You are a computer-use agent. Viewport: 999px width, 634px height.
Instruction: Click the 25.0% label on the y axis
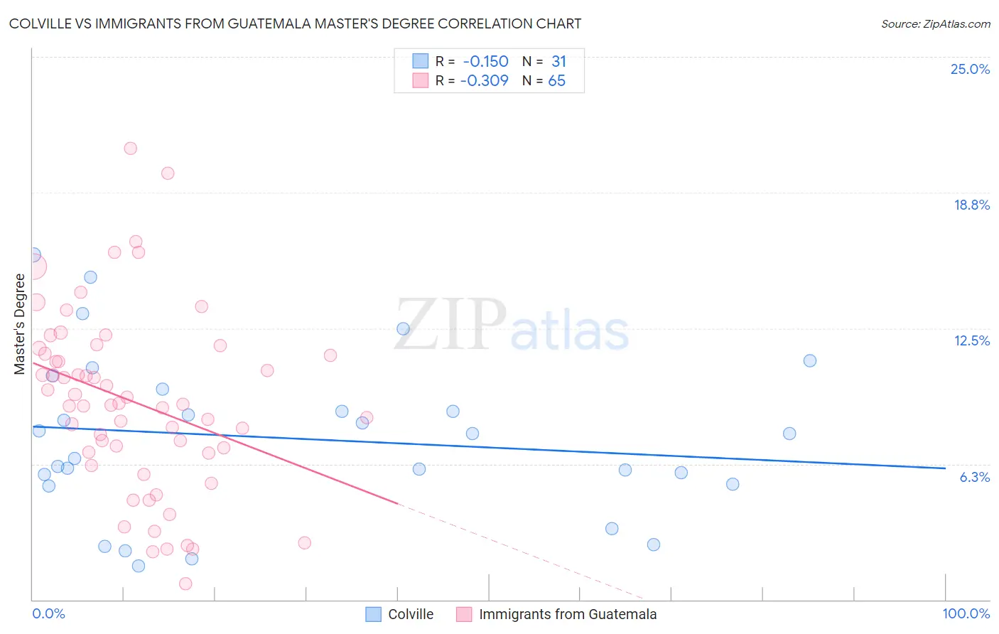tap(970, 69)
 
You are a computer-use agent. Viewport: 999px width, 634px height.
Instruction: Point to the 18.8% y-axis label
tap(971, 205)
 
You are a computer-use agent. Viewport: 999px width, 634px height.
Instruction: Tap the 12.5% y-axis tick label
tap(971, 340)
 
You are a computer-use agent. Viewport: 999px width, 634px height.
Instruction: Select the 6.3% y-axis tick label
tap(974, 477)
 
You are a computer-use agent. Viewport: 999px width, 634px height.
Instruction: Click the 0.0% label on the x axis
tap(48, 613)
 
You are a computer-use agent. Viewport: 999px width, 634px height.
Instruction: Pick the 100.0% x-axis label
tap(966, 613)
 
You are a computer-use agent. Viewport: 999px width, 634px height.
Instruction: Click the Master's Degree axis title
tap(20, 323)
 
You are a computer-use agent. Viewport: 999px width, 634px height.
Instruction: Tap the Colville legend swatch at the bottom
tap(374, 614)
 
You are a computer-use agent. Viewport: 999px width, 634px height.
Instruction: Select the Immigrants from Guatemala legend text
tap(568, 614)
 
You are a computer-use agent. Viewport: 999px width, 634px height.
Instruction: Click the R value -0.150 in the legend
tap(485, 61)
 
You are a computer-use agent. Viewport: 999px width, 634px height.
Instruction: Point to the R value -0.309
tap(484, 80)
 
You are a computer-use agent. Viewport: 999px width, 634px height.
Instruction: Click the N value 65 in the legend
tap(556, 80)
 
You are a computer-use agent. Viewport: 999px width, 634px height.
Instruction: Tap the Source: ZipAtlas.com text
tap(935, 23)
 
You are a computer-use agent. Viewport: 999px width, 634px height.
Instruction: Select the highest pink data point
tap(131, 149)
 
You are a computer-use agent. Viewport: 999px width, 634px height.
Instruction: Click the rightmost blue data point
tap(809, 360)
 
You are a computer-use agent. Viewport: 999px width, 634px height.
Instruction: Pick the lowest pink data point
tap(185, 584)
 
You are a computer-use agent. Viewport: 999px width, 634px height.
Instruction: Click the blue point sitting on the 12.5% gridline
tap(403, 328)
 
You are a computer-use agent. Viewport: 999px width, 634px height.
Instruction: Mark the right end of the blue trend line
tap(945, 468)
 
